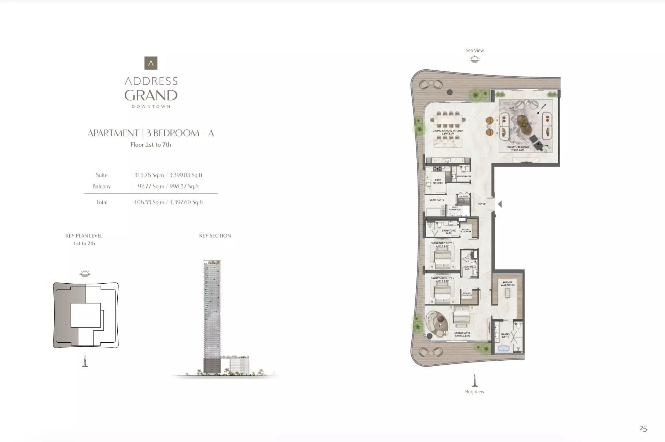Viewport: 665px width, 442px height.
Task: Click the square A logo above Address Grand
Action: click(x=151, y=63)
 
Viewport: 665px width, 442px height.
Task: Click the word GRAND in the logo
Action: click(x=151, y=95)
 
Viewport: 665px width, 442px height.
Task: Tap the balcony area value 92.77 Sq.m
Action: click(x=151, y=186)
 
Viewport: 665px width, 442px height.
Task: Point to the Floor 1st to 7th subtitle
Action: click(x=151, y=144)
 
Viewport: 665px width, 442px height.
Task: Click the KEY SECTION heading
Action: click(x=215, y=236)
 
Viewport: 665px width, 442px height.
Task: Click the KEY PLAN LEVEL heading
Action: click(x=84, y=236)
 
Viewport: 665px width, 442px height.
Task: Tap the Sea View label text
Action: click(x=474, y=51)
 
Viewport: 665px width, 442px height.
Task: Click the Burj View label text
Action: click(x=474, y=391)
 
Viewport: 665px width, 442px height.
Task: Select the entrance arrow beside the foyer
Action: click(x=499, y=204)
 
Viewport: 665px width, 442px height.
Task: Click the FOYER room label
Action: click(x=481, y=204)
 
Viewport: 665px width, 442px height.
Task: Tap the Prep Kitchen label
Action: click(x=438, y=181)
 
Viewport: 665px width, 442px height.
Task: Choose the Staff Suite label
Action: click(x=437, y=200)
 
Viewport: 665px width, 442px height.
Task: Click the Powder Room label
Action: click(x=464, y=176)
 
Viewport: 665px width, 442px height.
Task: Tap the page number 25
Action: click(x=643, y=428)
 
